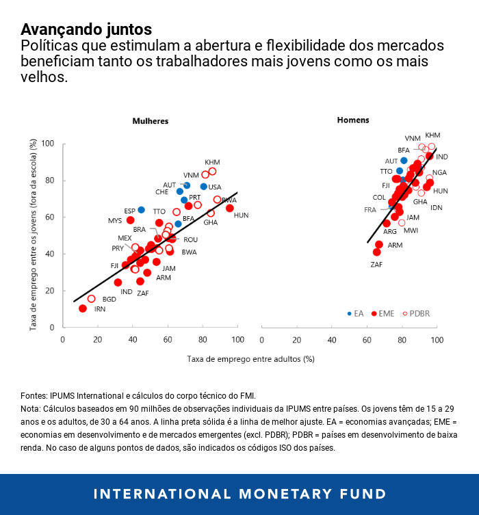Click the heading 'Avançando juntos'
(x=86, y=29)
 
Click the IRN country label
(x=100, y=309)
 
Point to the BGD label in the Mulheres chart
(x=109, y=299)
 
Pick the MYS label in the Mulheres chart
(x=115, y=221)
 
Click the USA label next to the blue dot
(x=215, y=187)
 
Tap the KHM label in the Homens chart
(x=432, y=135)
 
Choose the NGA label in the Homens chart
(x=439, y=172)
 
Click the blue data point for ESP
(x=141, y=210)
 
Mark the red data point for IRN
(x=83, y=308)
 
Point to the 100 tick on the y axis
(x=47, y=144)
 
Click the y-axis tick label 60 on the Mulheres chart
(x=49, y=217)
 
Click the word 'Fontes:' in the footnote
(x=34, y=395)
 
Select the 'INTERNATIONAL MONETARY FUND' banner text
(x=239, y=494)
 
